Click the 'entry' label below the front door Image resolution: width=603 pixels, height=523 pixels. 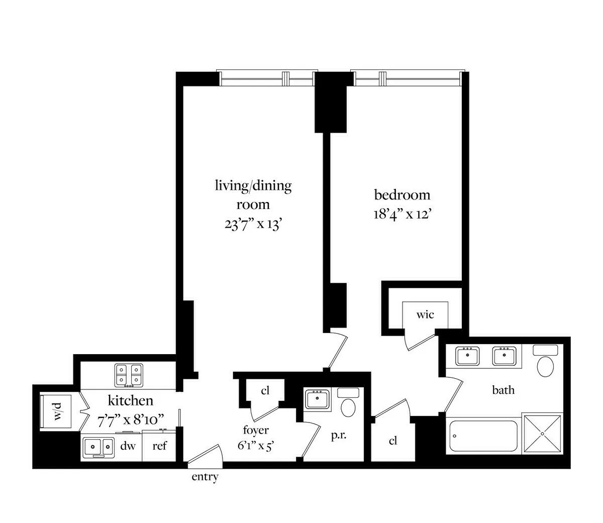click(x=205, y=477)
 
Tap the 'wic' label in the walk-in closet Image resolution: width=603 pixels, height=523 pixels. click(x=425, y=315)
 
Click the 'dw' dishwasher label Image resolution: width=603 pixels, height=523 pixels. click(x=128, y=446)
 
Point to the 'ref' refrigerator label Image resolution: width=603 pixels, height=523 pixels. click(x=159, y=446)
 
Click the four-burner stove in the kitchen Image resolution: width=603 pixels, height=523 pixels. click(x=128, y=375)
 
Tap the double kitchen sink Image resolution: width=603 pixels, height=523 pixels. click(x=98, y=446)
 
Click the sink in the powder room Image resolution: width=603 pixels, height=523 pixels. click(x=317, y=400)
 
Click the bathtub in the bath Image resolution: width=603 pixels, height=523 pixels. click(x=483, y=436)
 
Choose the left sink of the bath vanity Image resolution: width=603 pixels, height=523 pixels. click(x=468, y=356)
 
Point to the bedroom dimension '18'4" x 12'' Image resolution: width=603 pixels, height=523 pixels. click(x=403, y=215)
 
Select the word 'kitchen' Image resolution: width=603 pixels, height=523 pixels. click(x=131, y=400)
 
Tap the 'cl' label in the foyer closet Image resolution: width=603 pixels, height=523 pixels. click(x=266, y=391)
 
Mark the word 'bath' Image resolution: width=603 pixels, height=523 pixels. click(x=503, y=389)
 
